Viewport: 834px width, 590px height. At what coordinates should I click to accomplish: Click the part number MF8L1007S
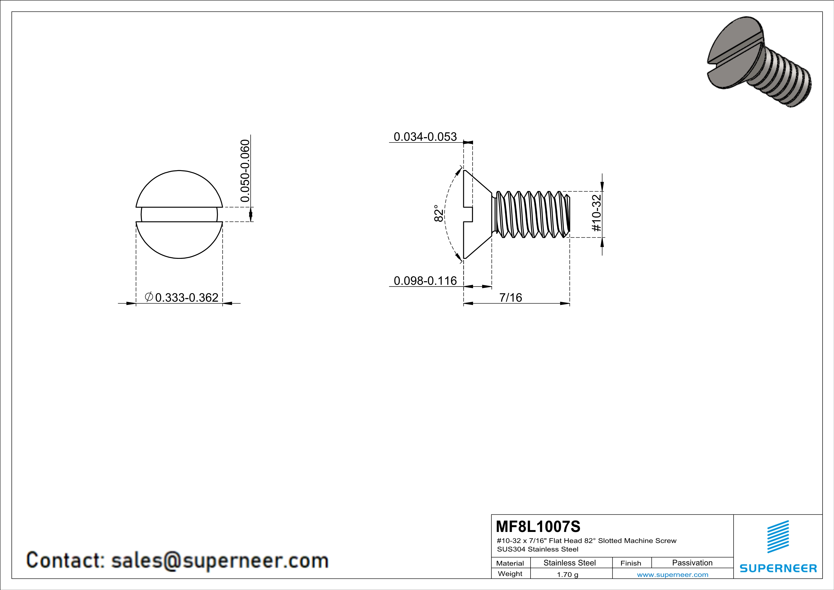[538, 526]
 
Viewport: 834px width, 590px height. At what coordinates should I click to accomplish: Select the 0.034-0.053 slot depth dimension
[425, 137]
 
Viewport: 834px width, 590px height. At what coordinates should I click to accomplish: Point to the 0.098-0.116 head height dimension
[425, 281]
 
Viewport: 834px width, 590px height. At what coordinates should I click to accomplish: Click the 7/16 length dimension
[510, 298]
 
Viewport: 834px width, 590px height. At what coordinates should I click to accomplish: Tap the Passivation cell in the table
[692, 563]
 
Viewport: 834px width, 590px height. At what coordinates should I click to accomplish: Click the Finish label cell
[631, 563]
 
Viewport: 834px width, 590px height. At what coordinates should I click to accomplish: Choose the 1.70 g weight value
[567, 574]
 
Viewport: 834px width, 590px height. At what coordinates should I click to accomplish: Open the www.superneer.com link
[672, 574]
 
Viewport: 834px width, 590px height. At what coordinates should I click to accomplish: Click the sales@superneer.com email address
[220, 560]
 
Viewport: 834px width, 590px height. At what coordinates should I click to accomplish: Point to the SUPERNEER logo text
[778, 568]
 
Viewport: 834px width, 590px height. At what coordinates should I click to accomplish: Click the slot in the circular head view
[180, 214]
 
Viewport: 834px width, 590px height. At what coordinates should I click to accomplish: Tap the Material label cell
[510, 563]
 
